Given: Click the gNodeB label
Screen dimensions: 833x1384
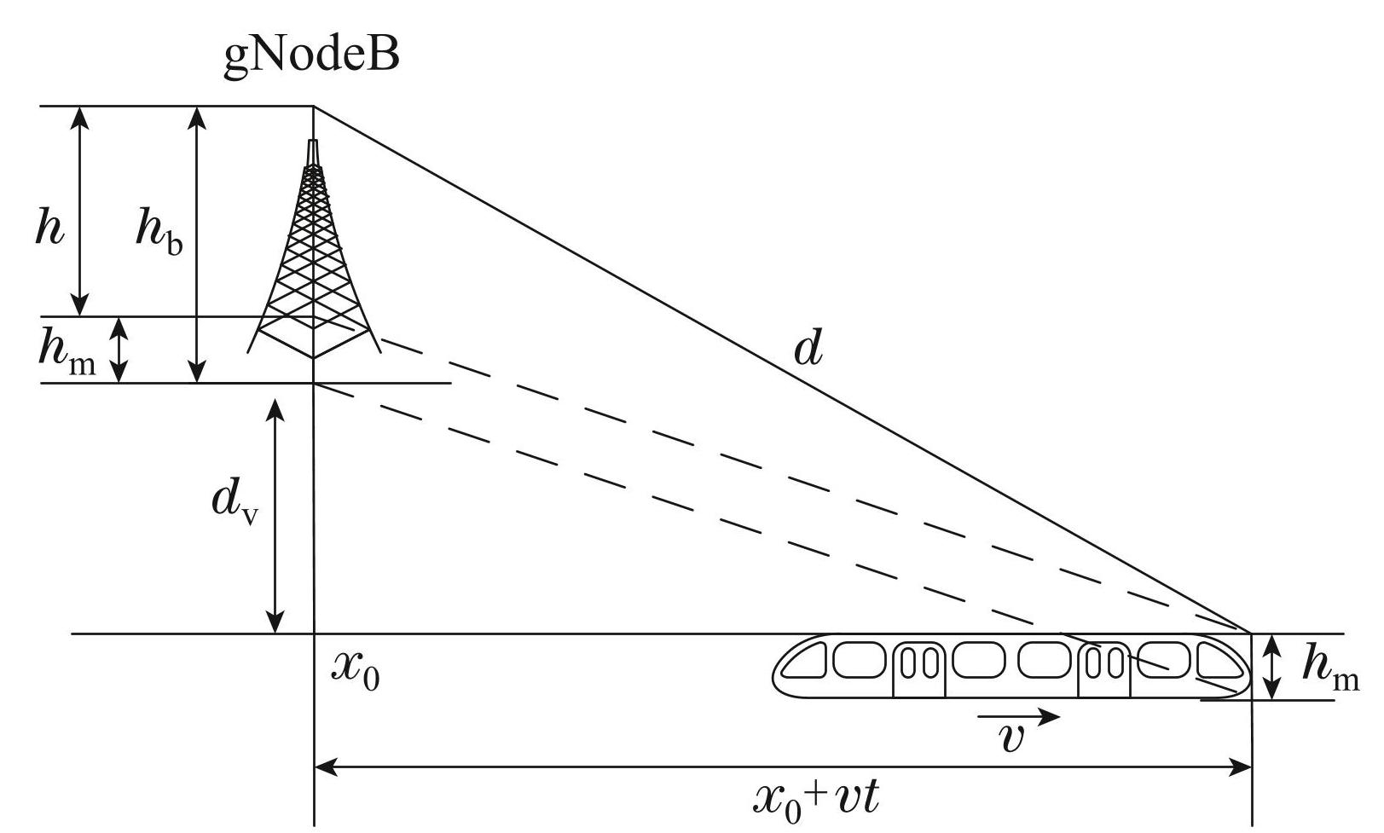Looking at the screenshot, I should coord(310,58).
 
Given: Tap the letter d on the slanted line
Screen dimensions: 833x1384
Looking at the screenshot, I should coord(808,347).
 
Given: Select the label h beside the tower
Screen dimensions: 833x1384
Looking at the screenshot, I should coord(50,228).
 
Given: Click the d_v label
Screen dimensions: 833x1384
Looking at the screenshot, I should coord(234,504).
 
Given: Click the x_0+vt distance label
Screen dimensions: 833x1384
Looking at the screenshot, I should coord(816,799).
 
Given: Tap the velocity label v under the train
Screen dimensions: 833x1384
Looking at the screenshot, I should coord(1011,738).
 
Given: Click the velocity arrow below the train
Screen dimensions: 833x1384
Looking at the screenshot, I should coord(1019,717).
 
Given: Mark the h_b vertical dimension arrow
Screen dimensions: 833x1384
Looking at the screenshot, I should coord(197,244).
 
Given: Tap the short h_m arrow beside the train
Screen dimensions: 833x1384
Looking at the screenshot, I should coord(1272,667).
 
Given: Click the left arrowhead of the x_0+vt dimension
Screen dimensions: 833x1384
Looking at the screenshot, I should coord(324,768).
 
